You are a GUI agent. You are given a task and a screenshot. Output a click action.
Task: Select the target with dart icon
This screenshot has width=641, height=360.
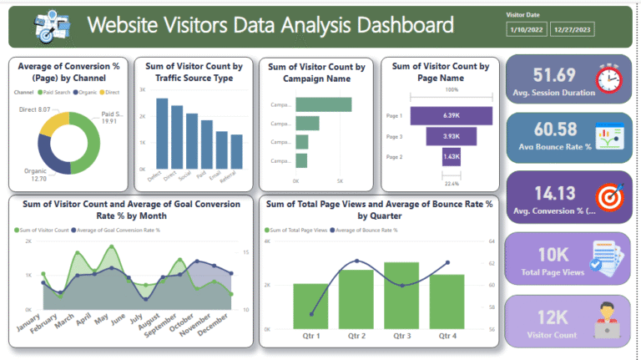click(608, 196)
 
